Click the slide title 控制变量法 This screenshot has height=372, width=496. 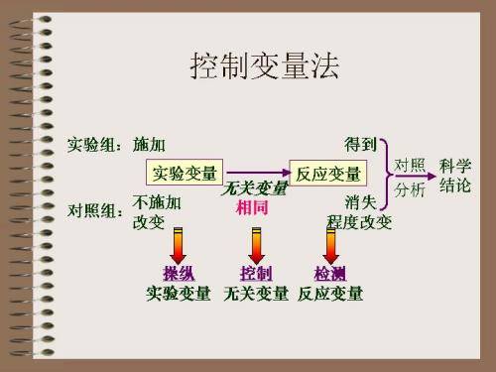tap(264, 66)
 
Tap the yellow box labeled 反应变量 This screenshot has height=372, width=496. tap(327, 174)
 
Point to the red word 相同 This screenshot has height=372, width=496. tap(252, 208)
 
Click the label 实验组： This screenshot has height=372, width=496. tap(97, 145)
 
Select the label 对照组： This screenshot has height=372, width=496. tap(97, 211)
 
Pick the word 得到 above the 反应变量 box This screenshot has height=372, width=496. tap(360, 145)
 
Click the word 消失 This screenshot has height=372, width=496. tap(360, 202)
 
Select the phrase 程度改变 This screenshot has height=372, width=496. tap(359, 222)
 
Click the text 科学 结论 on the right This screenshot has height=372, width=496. tap(454, 175)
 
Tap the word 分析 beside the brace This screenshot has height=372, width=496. tap(410, 187)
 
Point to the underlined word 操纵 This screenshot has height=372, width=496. tap(179, 273)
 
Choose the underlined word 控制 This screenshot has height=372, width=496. tap(256, 273)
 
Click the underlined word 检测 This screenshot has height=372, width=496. tap(330, 273)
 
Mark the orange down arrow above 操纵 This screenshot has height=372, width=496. tap(179, 244)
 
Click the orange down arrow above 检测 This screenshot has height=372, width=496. tap(330, 244)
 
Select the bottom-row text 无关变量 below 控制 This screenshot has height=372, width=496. tap(256, 294)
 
